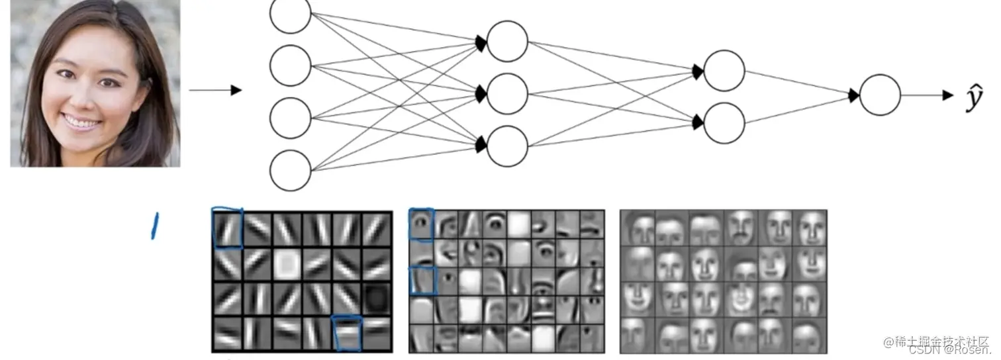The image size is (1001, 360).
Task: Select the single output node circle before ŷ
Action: coord(880,95)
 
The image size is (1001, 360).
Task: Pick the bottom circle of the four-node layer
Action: coord(290,169)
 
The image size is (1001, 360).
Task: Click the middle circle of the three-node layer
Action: coord(507,93)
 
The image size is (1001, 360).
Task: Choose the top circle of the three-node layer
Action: coord(507,42)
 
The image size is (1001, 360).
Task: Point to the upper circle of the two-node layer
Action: coord(724,71)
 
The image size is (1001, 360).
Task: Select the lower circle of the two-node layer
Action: coord(724,122)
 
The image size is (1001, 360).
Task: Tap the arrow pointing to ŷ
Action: coord(927,95)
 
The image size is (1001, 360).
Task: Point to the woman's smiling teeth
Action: coord(82,122)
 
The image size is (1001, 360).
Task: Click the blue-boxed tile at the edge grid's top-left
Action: coord(227,229)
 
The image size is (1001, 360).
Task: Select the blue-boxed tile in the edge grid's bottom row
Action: coord(348,332)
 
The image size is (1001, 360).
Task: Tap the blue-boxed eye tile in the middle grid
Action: coord(421,224)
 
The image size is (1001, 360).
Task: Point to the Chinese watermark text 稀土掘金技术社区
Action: coord(940,341)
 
